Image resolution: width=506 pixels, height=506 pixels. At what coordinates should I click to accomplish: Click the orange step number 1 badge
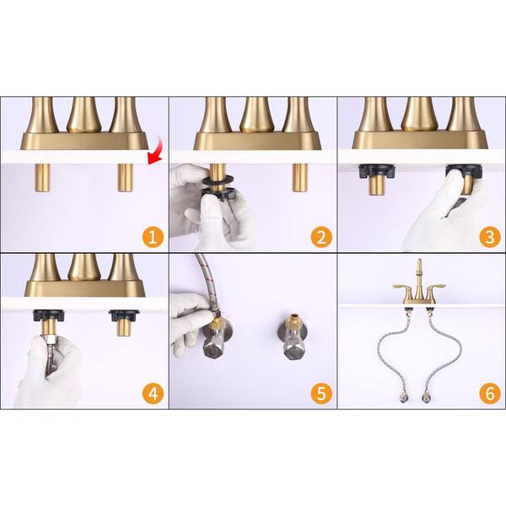click(x=153, y=238)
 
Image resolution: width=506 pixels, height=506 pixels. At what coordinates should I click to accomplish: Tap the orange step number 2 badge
click(x=321, y=238)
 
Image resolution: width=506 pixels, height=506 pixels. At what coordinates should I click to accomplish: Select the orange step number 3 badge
click(x=490, y=238)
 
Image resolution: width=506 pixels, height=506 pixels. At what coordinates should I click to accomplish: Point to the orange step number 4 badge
click(x=153, y=393)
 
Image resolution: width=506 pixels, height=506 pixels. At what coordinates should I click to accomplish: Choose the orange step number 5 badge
click(x=321, y=393)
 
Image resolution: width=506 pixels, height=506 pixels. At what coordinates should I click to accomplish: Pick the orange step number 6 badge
click(x=490, y=393)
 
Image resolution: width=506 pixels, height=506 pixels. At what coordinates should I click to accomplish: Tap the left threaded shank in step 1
click(x=43, y=178)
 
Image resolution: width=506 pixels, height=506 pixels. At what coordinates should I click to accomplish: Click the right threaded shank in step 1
click(x=125, y=178)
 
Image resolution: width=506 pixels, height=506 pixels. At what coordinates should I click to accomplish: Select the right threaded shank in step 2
click(x=300, y=178)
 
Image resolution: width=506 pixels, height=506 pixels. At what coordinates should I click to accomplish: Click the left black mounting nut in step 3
click(x=377, y=172)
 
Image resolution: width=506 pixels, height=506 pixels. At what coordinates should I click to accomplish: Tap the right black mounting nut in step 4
click(x=124, y=315)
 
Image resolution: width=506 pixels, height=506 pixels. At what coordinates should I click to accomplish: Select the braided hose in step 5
click(x=207, y=284)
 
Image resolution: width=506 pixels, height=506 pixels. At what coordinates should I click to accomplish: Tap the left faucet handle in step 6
click(x=402, y=287)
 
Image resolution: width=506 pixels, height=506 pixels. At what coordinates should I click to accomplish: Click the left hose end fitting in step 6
click(x=403, y=397)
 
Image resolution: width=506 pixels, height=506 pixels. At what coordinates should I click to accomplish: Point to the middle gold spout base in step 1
click(x=83, y=116)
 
